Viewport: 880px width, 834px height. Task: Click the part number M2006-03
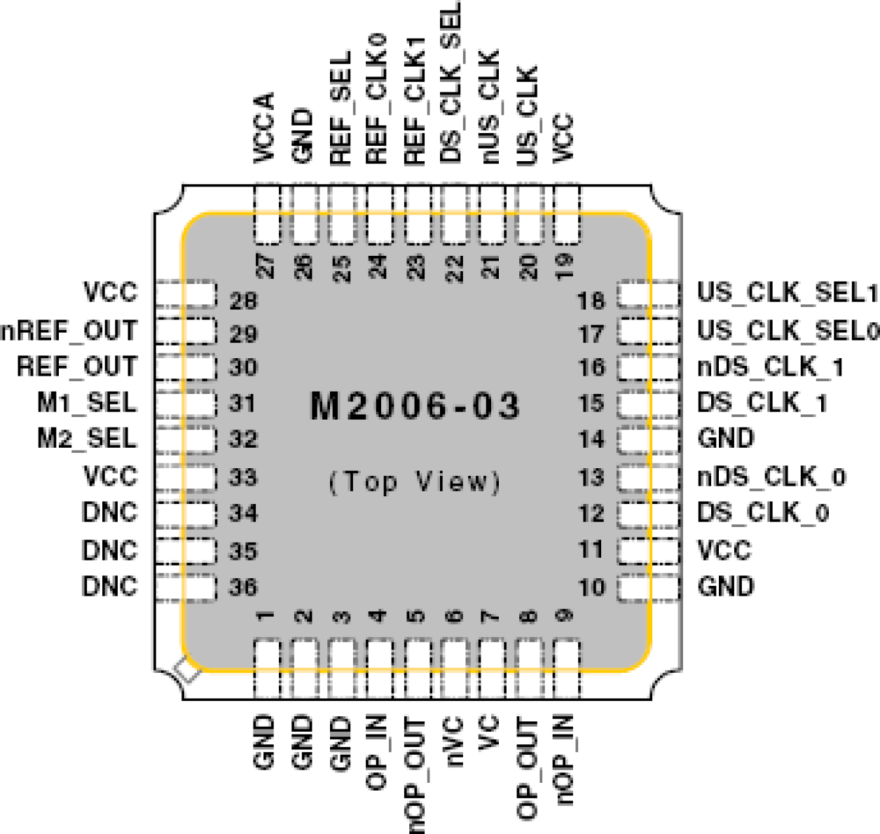tap(415, 406)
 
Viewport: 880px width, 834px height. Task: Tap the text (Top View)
tap(415, 482)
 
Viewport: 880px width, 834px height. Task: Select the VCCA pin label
tap(265, 128)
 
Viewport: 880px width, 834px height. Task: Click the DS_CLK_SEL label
tap(451, 83)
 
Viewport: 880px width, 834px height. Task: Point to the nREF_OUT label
tap(69, 330)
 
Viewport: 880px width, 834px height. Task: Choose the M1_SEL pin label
tap(87, 403)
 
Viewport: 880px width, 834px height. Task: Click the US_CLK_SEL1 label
tap(787, 292)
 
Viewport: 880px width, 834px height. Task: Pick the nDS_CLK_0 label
tap(771, 477)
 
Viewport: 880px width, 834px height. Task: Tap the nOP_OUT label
tap(415, 774)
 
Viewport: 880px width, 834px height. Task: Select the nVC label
tap(453, 741)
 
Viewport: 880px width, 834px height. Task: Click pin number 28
tap(243, 301)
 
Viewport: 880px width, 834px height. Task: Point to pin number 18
tap(591, 301)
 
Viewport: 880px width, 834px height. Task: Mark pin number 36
tap(243, 587)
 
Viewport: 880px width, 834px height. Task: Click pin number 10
tap(591, 587)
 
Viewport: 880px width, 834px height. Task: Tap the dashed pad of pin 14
tap(648, 439)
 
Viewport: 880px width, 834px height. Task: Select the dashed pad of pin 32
tap(185, 439)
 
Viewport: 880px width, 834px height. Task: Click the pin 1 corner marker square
tap(188, 671)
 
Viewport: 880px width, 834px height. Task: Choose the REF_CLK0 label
tap(376, 100)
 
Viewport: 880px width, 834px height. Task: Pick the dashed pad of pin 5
tap(417, 668)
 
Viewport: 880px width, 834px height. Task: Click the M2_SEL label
tap(87, 439)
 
